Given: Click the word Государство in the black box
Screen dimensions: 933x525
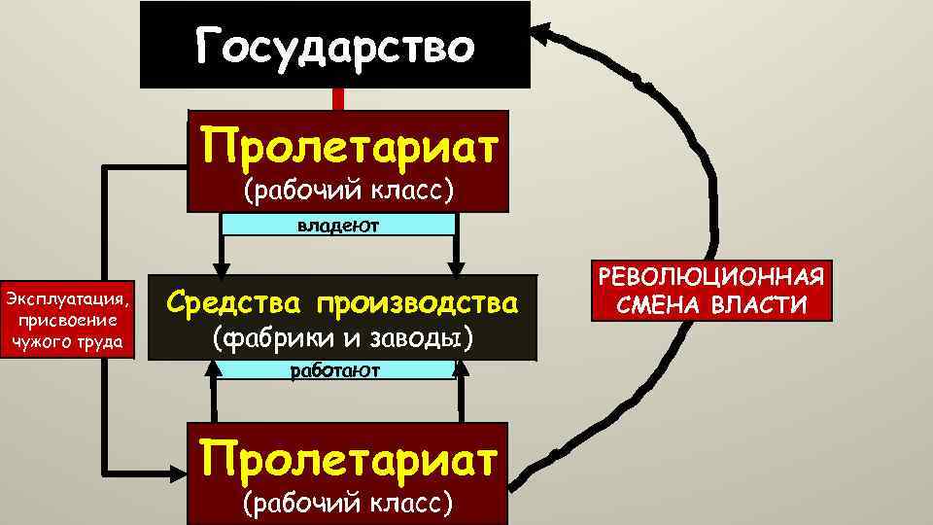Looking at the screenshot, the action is click(x=335, y=46).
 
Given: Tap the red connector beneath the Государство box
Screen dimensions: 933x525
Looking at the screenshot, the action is click(x=338, y=99).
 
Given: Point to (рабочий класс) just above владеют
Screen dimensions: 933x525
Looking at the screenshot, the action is click(x=349, y=191).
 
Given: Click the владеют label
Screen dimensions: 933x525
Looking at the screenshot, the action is click(x=338, y=225).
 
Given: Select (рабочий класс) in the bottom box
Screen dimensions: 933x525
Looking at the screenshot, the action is click(x=348, y=501).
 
